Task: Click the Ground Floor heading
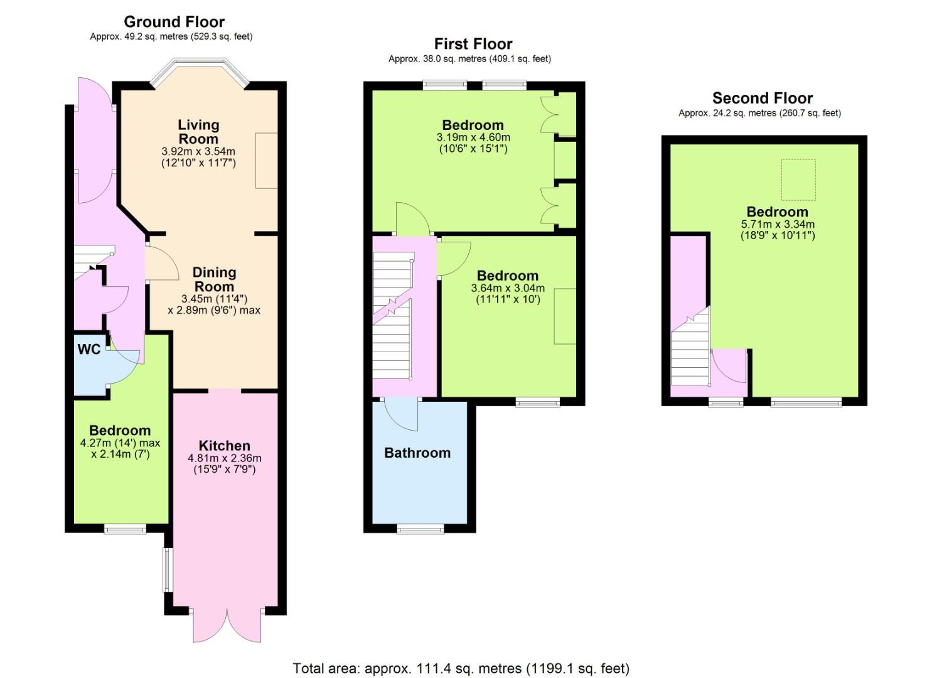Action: coord(174,21)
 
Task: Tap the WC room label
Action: coord(89,349)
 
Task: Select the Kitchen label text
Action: coord(224,445)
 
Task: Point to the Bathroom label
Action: coord(417,453)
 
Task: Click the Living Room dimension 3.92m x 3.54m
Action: coord(198,151)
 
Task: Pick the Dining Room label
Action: coord(214,279)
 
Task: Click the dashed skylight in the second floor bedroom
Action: coord(798,180)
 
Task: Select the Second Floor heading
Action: coord(763,98)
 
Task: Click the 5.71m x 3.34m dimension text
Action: coord(778,224)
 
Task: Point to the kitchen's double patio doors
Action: coord(227,627)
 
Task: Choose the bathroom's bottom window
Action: coord(420,529)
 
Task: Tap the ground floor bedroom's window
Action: coord(125,529)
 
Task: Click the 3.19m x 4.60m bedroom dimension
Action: coord(473,137)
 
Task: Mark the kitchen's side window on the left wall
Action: coord(168,569)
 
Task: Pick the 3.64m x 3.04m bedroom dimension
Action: coord(508,288)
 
